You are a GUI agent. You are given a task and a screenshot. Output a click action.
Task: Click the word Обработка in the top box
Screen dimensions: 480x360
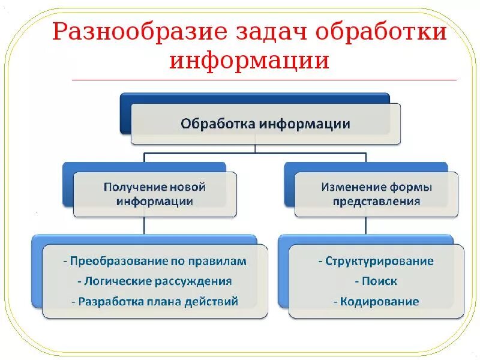[218, 124]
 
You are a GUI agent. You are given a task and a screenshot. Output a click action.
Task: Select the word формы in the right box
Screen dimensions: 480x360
[412, 187]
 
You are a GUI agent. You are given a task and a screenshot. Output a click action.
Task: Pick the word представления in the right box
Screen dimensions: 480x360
[376, 202]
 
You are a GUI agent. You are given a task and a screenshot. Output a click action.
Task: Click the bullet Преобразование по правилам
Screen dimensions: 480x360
[155, 262]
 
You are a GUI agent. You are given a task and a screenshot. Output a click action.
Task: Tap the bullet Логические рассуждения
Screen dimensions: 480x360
[155, 281]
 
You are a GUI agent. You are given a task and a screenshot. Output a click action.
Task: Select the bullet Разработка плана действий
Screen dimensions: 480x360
[155, 301]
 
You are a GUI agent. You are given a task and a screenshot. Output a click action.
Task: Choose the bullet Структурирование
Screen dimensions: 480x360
[376, 262]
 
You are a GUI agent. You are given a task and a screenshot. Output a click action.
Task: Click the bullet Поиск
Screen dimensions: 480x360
[376, 281]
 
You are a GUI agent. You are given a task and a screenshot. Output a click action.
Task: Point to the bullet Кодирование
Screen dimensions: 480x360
[376, 301]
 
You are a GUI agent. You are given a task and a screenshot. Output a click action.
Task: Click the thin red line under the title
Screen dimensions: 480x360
[264, 80]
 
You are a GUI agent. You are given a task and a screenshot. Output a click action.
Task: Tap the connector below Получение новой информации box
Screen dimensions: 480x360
[144, 226]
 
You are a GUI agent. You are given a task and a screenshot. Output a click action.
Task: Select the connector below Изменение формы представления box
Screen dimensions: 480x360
[366, 226]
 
